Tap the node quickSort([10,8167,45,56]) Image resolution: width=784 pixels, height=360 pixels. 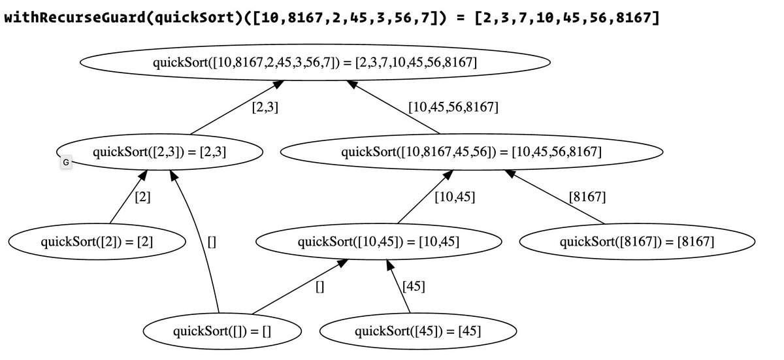point(471,152)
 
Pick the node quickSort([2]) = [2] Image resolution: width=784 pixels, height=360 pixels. point(97,241)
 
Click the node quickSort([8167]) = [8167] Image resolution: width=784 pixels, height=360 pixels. point(636,242)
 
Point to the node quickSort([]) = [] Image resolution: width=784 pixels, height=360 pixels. point(221,331)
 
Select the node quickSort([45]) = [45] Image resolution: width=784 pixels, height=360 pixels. point(417,331)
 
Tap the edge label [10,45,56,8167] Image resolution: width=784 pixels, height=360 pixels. point(453,107)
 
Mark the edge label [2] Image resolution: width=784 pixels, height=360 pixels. point(142,197)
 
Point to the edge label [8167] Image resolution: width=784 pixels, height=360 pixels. point(587,197)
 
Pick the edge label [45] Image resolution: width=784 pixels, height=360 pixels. point(414,286)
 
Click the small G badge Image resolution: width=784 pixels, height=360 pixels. point(65,162)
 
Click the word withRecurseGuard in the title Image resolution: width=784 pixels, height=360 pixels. point(73,17)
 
